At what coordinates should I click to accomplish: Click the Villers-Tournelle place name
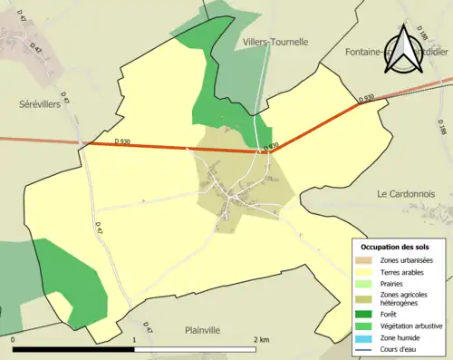pyautogui.click(x=275, y=42)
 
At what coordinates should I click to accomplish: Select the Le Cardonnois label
pyautogui.click(x=408, y=193)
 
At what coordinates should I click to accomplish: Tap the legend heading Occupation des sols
pyautogui.click(x=397, y=247)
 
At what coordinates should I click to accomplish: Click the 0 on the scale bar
pyautogui.click(x=14, y=340)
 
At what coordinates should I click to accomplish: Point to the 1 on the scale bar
pyautogui.click(x=134, y=340)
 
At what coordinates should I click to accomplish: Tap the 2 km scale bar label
pyautogui.click(x=260, y=340)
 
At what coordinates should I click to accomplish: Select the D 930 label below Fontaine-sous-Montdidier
pyautogui.click(x=366, y=98)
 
